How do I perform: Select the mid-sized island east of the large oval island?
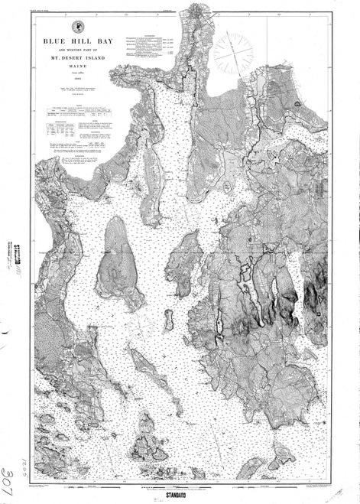coord(185,264)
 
